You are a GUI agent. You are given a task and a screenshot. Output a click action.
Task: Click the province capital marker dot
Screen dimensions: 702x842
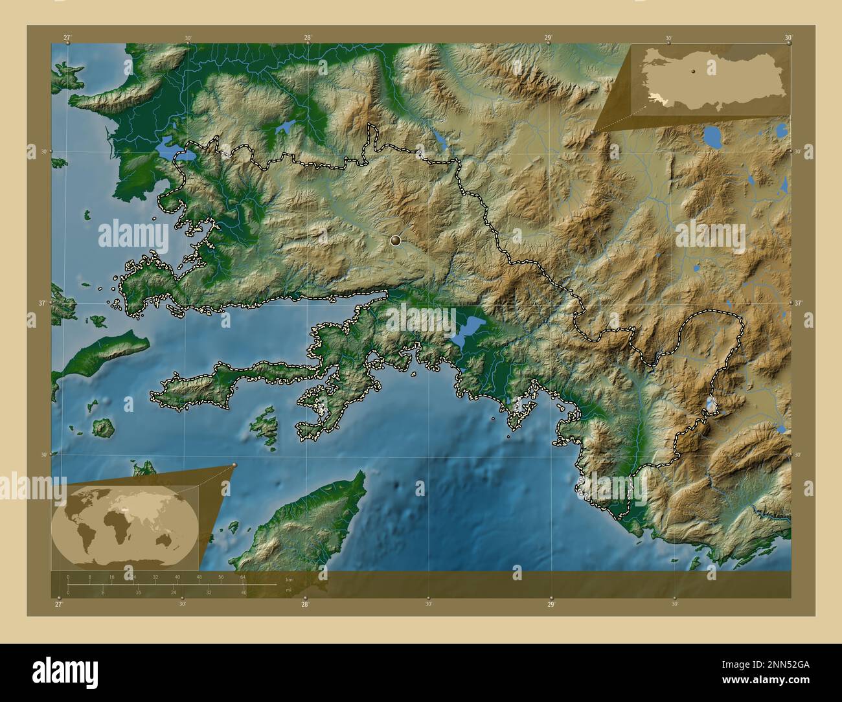[396, 240]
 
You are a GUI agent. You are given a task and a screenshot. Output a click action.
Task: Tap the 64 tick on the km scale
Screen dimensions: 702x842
[243, 577]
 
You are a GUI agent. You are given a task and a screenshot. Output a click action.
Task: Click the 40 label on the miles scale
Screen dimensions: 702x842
[244, 592]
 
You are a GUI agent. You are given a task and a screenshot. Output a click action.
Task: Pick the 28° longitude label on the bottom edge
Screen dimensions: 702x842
[305, 604]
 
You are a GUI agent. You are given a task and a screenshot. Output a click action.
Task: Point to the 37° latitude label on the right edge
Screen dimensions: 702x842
[798, 303]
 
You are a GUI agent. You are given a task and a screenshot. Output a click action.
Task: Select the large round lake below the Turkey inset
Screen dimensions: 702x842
[712, 137]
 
